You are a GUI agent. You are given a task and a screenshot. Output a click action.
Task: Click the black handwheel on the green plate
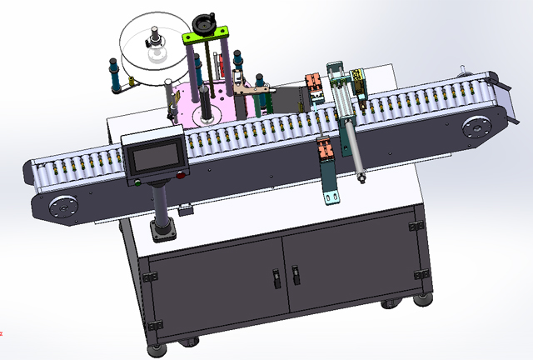(x=203, y=21)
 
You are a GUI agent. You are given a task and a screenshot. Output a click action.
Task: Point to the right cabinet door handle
(x=295, y=274)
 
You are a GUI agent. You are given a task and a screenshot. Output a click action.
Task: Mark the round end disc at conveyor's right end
(x=476, y=127)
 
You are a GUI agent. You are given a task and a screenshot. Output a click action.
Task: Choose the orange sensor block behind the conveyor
(x=315, y=85)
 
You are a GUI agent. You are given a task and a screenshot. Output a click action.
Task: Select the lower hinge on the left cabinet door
(x=152, y=322)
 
